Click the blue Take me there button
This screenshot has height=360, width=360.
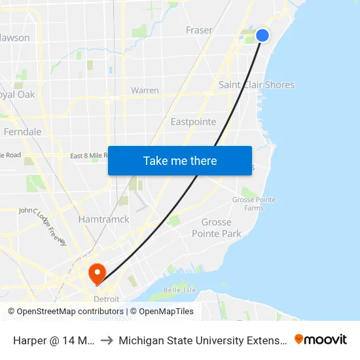180,160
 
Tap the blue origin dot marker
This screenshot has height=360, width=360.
262,35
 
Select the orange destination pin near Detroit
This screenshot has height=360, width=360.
97,272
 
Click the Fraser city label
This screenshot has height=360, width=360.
199,30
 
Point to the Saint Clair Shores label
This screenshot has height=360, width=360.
257,84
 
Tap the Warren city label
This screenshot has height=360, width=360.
145,90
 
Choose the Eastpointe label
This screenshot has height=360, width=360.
193,122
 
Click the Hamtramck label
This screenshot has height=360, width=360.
103,219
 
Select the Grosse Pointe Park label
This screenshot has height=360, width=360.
217,228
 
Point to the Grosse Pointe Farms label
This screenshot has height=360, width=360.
254,204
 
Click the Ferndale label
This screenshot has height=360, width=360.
23,132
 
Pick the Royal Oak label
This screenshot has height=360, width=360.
18,94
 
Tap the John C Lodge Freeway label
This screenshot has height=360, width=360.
43,226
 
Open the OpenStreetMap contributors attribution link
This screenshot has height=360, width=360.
70,312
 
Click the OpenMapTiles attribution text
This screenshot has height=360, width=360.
162,312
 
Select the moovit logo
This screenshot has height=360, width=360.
321,339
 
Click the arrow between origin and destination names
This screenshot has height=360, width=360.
106,340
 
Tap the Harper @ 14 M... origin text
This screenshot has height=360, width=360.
54,340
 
